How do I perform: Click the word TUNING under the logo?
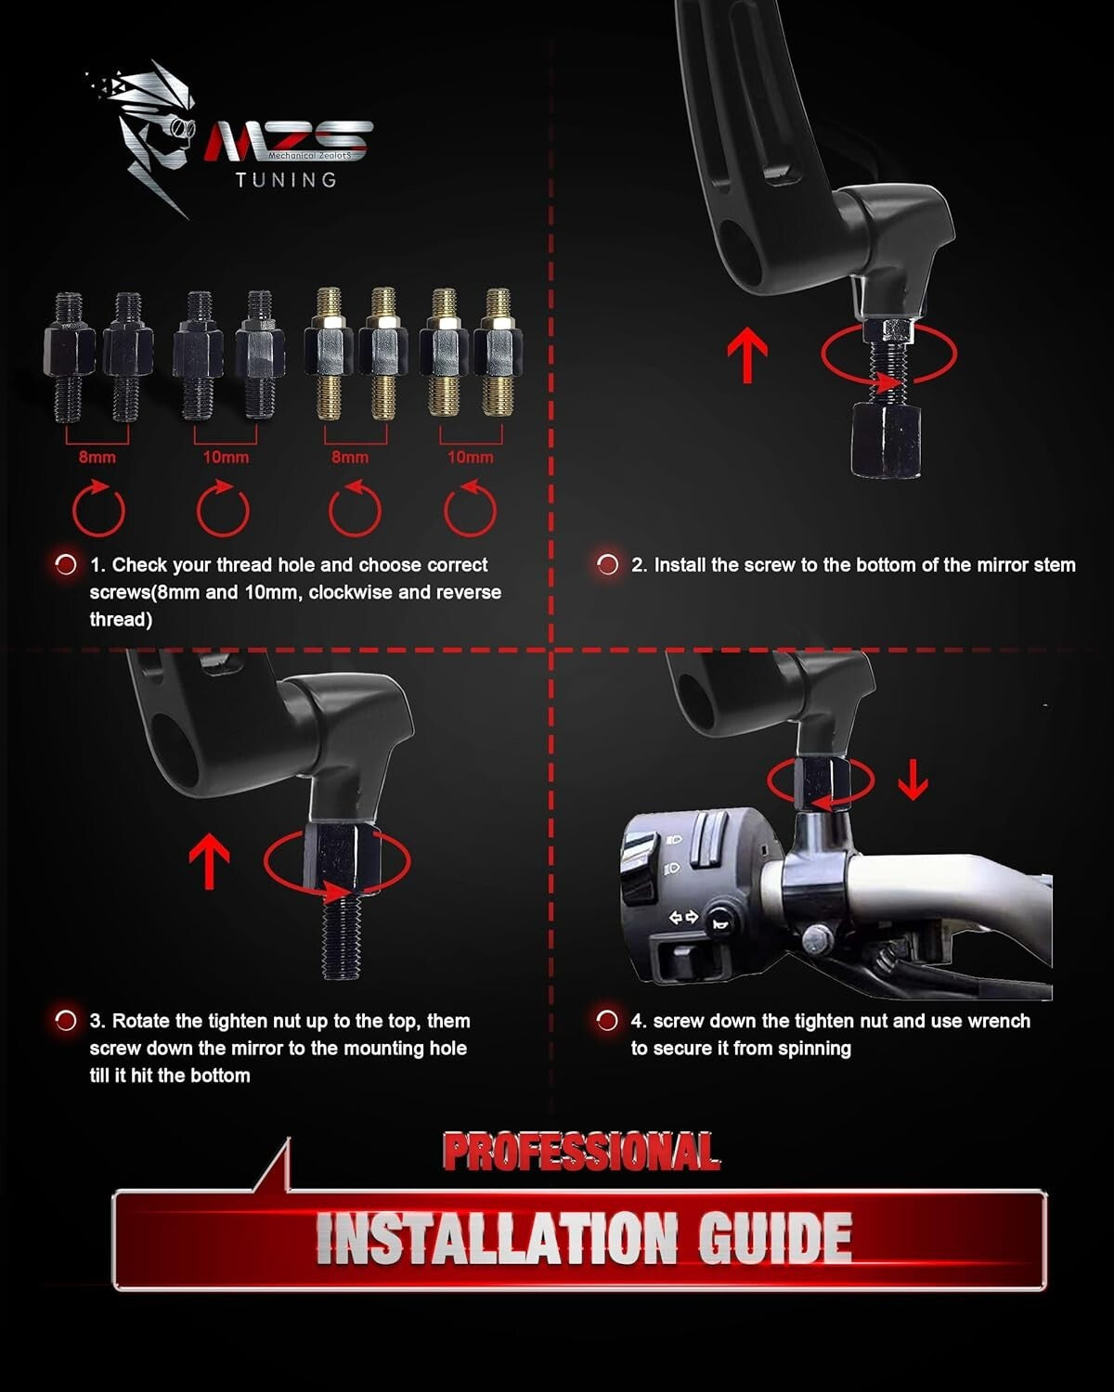pos(286,180)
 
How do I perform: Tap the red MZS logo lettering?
pos(288,140)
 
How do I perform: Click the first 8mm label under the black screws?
pos(97,458)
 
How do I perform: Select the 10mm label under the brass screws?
pos(471,458)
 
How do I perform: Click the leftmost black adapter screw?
pos(69,356)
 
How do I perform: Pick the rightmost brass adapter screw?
pos(498,352)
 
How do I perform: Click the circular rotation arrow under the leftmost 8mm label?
pos(98,509)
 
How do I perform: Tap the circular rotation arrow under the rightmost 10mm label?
pos(470,509)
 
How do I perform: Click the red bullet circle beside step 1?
pos(66,565)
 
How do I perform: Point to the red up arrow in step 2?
pos(747,354)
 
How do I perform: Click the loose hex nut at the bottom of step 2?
pos(886,440)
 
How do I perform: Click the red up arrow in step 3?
pos(209,861)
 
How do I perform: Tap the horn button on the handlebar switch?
pos(719,924)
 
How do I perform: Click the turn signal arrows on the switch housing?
pos(683,917)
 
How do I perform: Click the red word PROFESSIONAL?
pos(581,1153)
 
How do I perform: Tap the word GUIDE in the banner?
pos(775,1238)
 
